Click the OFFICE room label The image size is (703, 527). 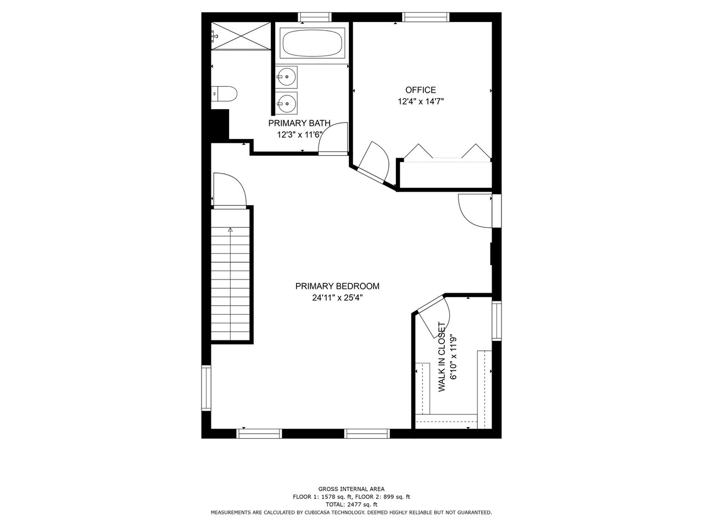(421, 90)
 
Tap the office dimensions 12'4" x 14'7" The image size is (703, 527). (421, 102)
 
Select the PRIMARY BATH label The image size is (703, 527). (299, 123)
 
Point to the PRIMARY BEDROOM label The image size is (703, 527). (337, 286)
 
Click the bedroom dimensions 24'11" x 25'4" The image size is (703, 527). (337, 298)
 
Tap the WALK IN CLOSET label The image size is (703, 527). (442, 357)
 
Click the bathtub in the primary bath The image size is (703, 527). (313, 43)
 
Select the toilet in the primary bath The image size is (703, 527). (224, 94)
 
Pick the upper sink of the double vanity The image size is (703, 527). (286, 77)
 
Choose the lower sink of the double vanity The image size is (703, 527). (286, 103)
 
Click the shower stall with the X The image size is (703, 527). (241, 36)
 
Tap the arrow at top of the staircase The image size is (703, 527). (230, 229)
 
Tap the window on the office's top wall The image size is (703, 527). (426, 17)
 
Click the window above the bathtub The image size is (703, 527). (315, 17)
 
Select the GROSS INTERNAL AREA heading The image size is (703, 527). (351, 489)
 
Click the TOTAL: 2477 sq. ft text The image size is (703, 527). (351, 504)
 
